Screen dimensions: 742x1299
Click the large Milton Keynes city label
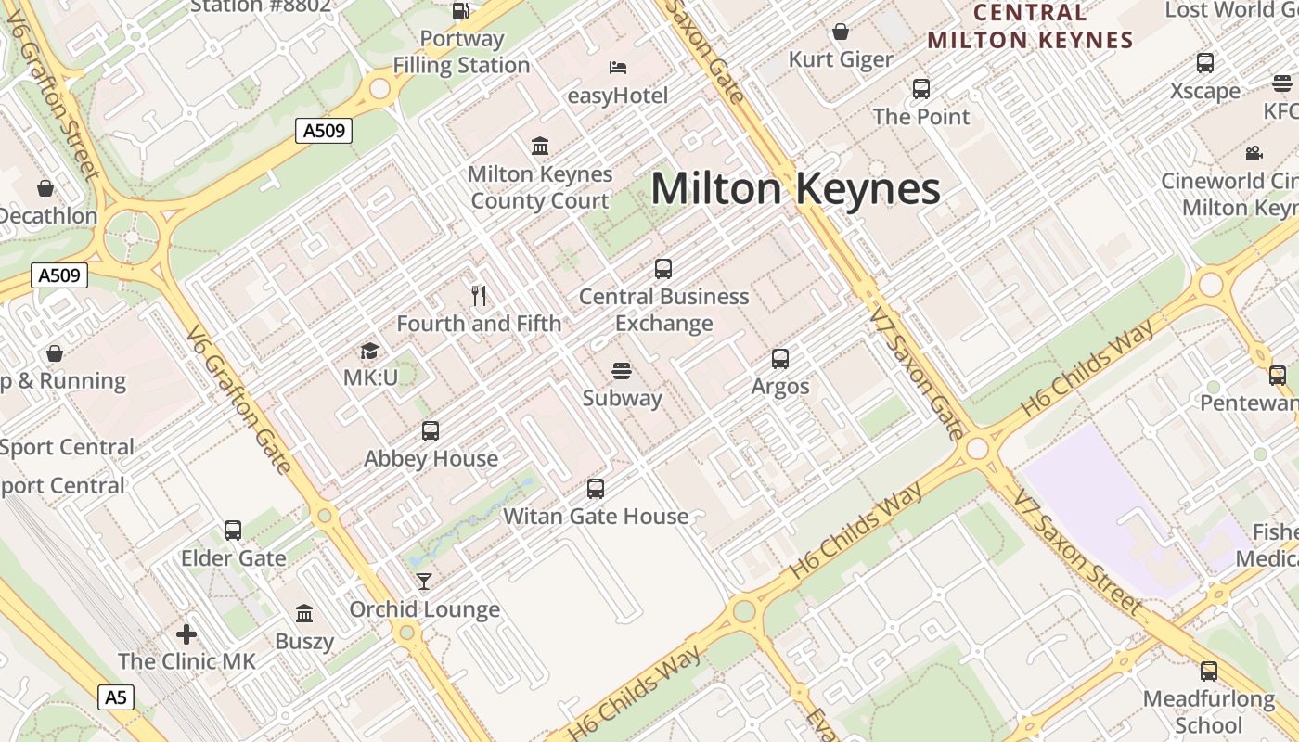796,189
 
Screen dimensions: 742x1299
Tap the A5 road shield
115,697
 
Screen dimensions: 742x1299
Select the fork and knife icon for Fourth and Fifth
479,296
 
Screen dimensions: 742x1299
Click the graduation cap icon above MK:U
370,351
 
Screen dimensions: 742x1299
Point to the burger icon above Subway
622,371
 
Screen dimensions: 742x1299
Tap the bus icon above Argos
780,359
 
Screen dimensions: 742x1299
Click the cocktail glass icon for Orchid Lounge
424,582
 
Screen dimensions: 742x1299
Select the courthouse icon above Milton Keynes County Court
540,146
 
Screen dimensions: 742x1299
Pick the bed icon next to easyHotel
618,68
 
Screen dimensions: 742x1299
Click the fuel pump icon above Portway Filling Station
460,11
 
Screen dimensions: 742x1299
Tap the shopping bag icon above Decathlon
45,188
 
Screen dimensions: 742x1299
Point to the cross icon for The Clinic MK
186,634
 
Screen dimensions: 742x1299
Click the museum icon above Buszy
304,613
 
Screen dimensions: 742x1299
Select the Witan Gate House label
596,517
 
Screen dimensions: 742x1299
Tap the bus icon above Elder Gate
233,531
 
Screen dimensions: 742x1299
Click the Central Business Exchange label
664,310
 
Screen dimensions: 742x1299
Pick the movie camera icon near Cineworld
1254,153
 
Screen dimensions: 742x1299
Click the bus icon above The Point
921,89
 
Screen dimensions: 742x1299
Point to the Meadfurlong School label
1208,711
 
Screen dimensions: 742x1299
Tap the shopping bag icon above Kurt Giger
841,32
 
